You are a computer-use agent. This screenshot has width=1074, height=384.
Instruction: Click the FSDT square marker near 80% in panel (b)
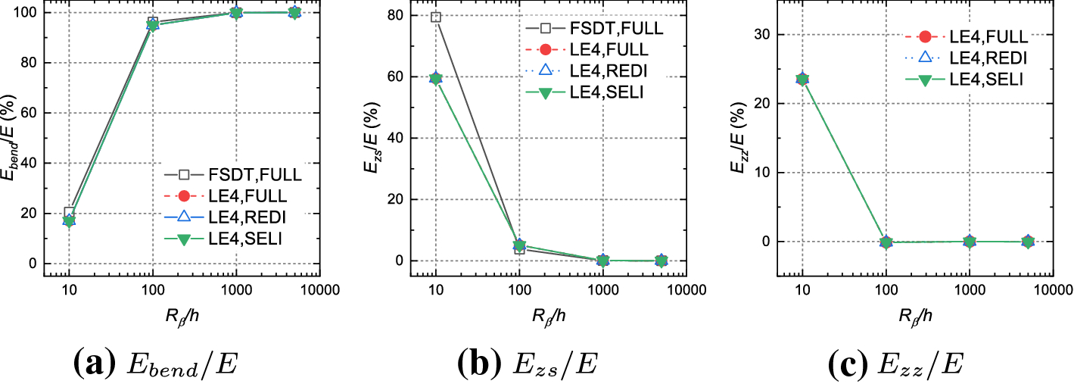[x=436, y=17]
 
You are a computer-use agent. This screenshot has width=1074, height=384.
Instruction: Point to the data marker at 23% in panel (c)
[x=803, y=79]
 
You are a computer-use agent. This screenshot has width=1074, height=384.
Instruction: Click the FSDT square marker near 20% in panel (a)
[x=70, y=213]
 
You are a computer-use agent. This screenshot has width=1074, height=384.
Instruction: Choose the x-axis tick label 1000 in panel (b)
[x=602, y=290]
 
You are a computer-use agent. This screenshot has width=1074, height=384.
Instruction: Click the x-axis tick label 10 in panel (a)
[x=69, y=290]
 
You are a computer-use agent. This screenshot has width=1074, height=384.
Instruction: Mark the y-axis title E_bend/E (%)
[x=13, y=136]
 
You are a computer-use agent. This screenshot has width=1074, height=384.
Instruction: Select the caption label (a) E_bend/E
[x=155, y=364]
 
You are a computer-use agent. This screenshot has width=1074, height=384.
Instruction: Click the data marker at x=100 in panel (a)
[x=153, y=24]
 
